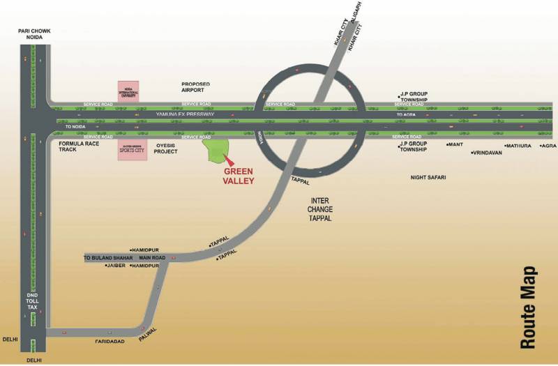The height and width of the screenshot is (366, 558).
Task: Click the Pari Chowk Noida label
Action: coord(36,35)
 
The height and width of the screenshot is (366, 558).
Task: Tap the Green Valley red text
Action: coord(239,175)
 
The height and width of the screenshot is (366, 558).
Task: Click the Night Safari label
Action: coord(428,178)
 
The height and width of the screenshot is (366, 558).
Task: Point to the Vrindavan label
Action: coord(488,153)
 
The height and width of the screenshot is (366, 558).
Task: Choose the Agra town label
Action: coord(549,146)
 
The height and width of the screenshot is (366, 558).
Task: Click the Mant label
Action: coord(456,145)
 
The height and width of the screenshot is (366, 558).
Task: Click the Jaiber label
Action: coord(116,266)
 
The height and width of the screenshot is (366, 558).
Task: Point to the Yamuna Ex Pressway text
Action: coord(186,113)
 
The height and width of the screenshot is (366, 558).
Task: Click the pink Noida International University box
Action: coord(128,91)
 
